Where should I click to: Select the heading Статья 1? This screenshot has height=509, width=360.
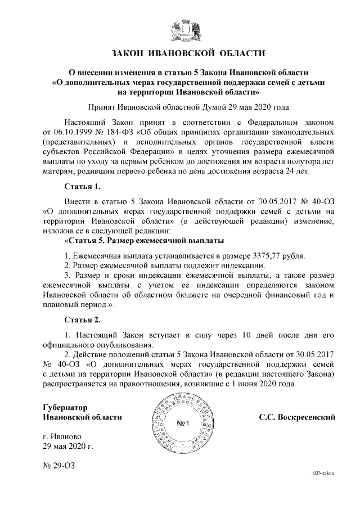pyautogui.click(x=82, y=186)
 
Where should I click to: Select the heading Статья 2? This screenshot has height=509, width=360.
pyautogui.click(x=82, y=320)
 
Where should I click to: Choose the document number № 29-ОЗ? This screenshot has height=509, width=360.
pyautogui.click(x=58, y=466)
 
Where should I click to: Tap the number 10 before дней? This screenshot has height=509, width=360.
pyautogui.click(x=246, y=335)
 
